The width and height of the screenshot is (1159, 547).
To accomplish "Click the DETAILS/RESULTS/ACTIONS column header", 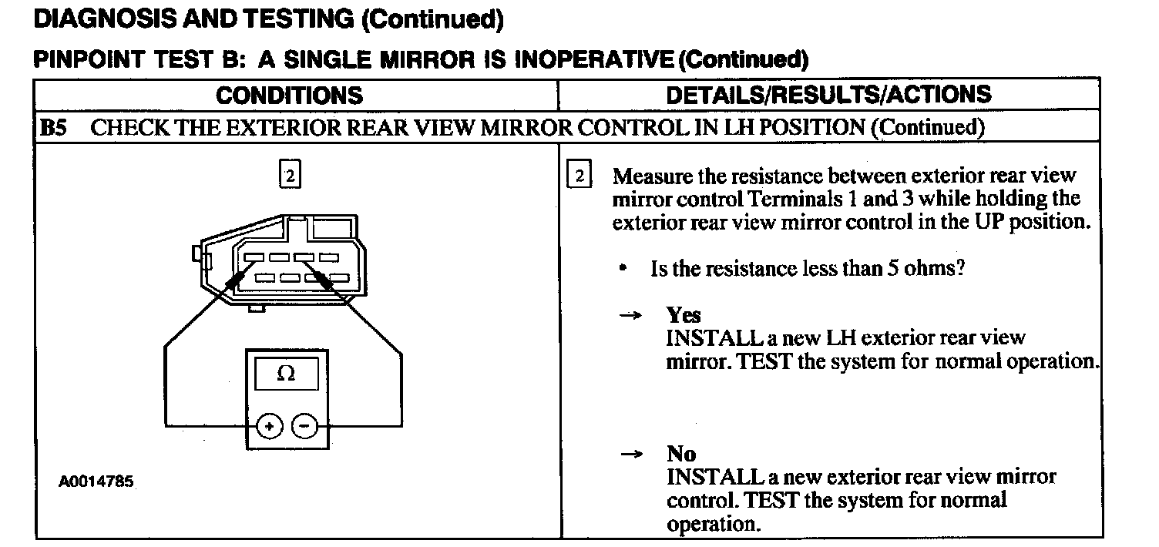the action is click(x=828, y=95).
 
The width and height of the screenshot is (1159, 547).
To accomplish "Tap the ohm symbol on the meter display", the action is click(x=285, y=374).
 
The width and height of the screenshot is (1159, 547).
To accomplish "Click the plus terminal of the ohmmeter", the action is click(x=270, y=426).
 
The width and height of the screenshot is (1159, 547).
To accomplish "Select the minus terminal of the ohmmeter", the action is click(x=304, y=426).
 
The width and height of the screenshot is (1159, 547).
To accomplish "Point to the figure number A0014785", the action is click(x=96, y=482).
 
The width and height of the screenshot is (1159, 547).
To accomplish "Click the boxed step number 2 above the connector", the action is click(x=288, y=176).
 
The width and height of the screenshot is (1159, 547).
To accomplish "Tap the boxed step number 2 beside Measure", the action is click(x=579, y=176).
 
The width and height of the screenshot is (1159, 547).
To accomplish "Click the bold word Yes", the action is click(x=684, y=315).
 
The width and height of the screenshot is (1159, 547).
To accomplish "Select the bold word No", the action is click(x=681, y=455).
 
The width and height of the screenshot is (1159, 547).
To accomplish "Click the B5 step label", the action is click(x=53, y=127).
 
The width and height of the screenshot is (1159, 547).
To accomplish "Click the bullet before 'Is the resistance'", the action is click(x=622, y=270).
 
